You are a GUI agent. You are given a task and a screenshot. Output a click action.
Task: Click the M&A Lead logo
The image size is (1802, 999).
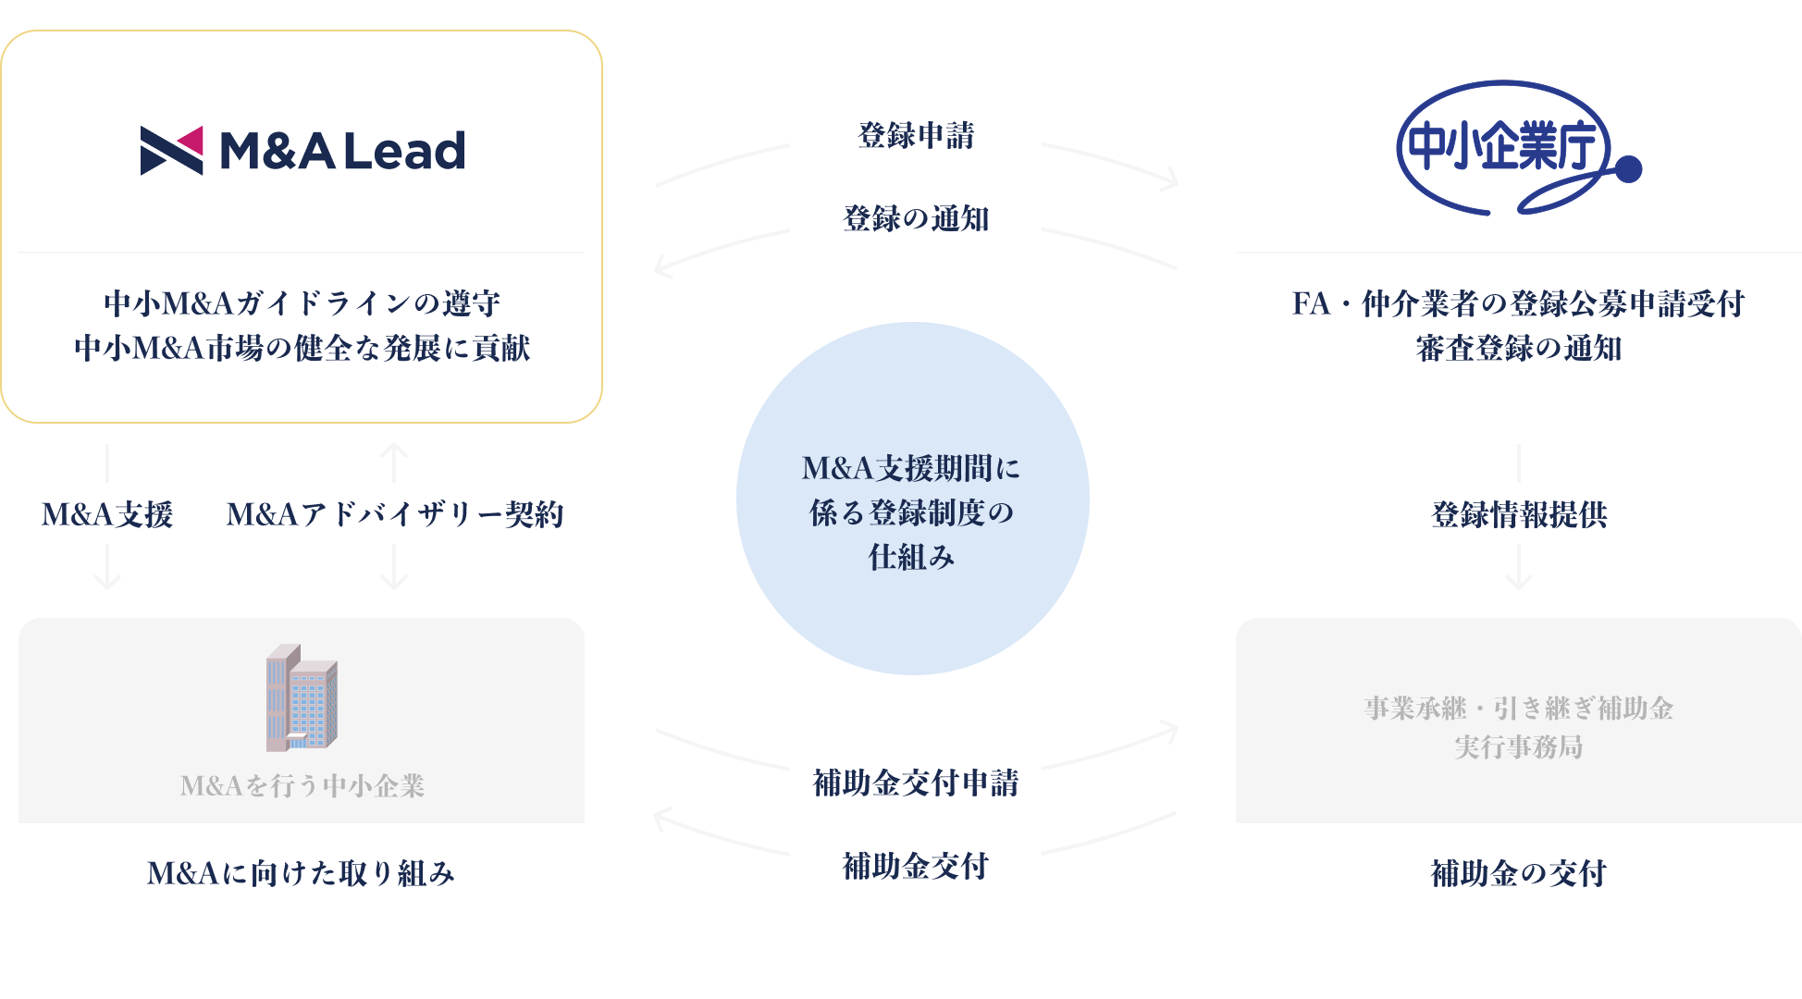pyautogui.click(x=302, y=151)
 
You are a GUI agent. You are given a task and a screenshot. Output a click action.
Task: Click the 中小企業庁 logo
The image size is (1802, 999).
pyautogui.click(x=1517, y=148)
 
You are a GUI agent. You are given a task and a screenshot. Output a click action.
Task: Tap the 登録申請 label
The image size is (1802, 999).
pyautogui.click(x=915, y=135)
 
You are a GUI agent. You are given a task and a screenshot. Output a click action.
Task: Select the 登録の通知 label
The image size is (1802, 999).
pyautogui.click(x=915, y=218)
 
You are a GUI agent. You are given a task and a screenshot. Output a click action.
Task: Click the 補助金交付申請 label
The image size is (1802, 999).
pyautogui.click(x=915, y=783)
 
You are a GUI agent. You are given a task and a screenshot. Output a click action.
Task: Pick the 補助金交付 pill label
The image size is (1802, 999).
pyautogui.click(x=915, y=866)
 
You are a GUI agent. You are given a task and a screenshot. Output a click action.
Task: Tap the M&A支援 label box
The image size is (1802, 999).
pyautogui.click(x=106, y=514)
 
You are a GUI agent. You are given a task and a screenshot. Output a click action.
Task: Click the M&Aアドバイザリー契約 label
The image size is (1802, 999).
pyautogui.click(x=394, y=514)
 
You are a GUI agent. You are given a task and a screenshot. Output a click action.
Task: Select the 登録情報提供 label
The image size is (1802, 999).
pyautogui.click(x=1518, y=514)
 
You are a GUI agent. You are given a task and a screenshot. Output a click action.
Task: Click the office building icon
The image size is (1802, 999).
pyautogui.click(x=302, y=697)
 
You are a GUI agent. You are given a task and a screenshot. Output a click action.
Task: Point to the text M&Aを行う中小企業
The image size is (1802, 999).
pyautogui.click(x=302, y=786)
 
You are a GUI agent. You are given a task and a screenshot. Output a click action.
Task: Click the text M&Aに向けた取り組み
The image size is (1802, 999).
pyautogui.click(x=302, y=873)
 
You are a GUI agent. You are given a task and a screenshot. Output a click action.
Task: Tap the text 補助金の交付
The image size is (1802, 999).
pyautogui.click(x=1518, y=873)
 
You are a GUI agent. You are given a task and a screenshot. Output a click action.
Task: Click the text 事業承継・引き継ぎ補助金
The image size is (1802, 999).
pyautogui.click(x=1518, y=709)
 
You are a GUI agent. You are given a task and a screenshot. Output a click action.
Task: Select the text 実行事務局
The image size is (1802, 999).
pyautogui.click(x=1518, y=746)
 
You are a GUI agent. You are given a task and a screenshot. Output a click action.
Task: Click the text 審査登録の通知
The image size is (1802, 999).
pyautogui.click(x=1518, y=349)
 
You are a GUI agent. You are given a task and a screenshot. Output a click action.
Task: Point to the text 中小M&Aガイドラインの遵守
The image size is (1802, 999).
pyautogui.click(x=302, y=303)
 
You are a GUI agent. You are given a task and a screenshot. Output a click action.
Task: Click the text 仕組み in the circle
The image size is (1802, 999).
pyautogui.click(x=911, y=557)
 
